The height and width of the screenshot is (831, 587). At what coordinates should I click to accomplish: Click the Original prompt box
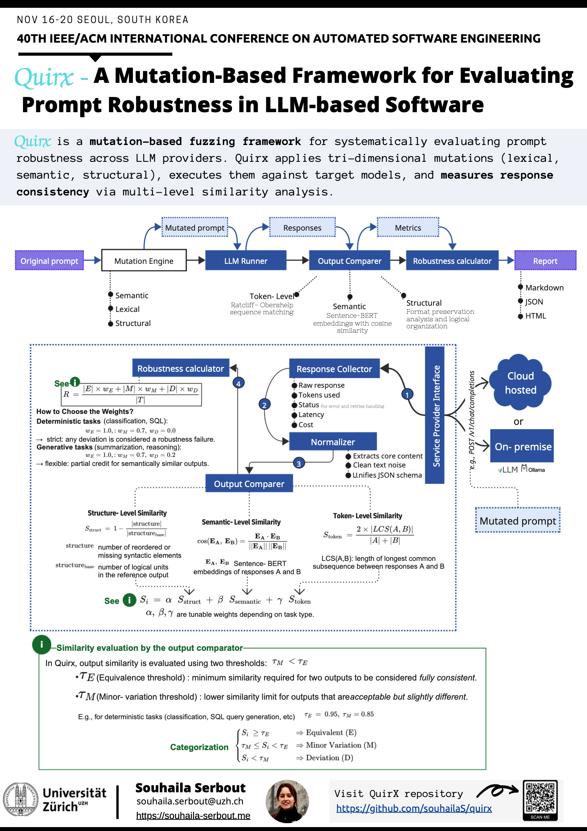[x=49, y=261]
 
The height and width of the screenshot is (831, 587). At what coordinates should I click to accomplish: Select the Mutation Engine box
[x=144, y=261]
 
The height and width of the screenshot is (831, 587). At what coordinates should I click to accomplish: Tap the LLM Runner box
[x=246, y=261]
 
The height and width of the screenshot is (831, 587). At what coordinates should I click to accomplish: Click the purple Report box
[x=545, y=261]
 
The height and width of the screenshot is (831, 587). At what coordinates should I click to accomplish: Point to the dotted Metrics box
[x=408, y=227]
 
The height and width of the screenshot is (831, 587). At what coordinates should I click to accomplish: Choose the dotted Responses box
[x=302, y=227]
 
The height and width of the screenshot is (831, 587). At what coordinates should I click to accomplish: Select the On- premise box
[x=523, y=446]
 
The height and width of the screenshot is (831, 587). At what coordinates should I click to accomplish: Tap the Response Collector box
[x=334, y=369]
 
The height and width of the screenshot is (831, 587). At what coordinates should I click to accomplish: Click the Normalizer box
[x=333, y=442]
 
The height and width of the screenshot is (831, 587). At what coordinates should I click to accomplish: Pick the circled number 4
[x=238, y=383]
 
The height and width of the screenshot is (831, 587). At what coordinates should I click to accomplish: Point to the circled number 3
[x=299, y=464]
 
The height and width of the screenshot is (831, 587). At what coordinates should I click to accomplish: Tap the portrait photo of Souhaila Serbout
[x=287, y=801]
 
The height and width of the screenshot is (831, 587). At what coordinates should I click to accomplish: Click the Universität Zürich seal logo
[x=21, y=800]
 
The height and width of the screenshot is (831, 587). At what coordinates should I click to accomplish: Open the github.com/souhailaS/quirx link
[x=414, y=808]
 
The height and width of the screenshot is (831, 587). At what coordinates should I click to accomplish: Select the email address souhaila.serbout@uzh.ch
[x=190, y=801]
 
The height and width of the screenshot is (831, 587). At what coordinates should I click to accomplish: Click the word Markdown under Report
[x=544, y=288]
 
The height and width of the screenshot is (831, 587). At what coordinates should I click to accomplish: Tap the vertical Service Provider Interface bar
[x=435, y=415]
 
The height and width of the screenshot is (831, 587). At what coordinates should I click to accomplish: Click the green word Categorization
[x=199, y=747]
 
